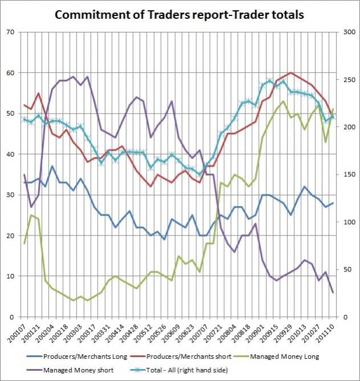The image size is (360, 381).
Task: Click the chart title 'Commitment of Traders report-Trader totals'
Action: (x=180, y=14)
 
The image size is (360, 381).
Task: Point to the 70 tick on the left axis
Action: (x=10, y=32)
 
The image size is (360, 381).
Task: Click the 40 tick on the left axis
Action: (x=10, y=154)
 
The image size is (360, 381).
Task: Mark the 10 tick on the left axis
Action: (x=10, y=276)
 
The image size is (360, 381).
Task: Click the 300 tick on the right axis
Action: (x=348, y=32)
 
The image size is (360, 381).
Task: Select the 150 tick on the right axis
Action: (x=348, y=175)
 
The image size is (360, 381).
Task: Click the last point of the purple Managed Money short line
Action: (x=333, y=293)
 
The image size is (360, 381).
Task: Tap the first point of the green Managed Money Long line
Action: (x=24, y=244)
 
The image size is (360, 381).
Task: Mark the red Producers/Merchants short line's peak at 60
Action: (x=291, y=73)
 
